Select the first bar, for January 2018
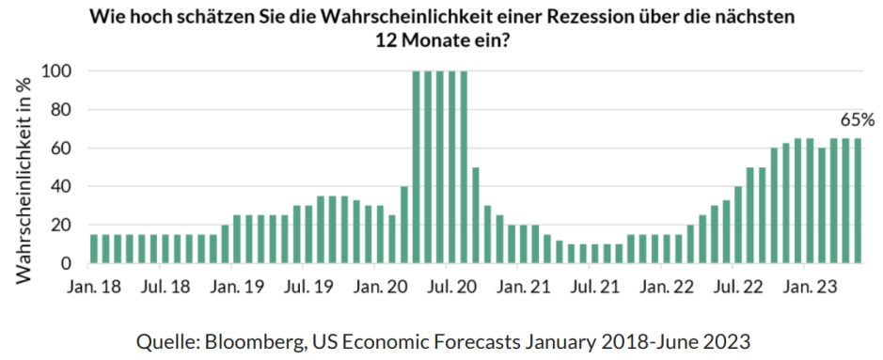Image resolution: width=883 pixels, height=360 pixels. pos(94,249)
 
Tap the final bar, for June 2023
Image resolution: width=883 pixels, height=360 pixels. pos(858,201)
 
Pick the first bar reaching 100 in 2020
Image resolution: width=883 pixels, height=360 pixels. pos(417,167)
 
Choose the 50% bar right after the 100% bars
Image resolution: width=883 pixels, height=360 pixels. pos(476,215)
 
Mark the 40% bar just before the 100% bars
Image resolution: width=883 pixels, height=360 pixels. pos(404,225)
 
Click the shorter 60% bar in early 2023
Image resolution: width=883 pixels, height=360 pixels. pos(822,206)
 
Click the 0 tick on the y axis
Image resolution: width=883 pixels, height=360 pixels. pos(68,264)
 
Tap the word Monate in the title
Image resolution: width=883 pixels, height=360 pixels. pos(423,42)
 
